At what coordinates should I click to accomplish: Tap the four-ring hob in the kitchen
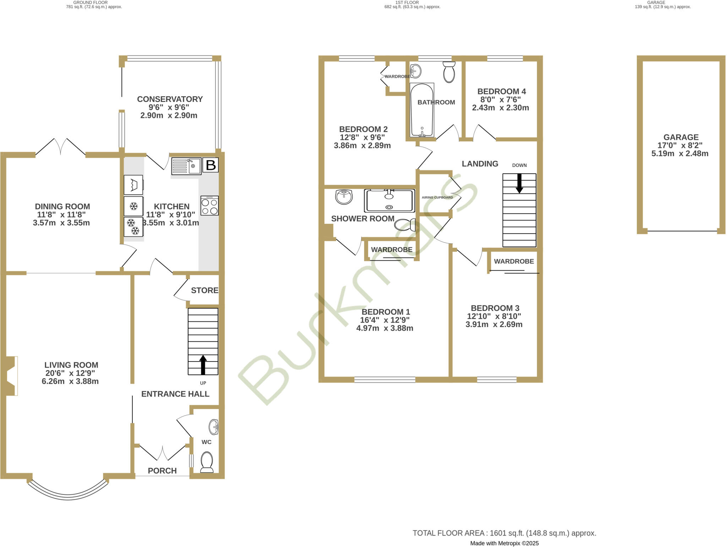(x=209, y=206)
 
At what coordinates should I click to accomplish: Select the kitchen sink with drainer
(x=186, y=166)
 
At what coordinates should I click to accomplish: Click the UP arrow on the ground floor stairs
(x=203, y=365)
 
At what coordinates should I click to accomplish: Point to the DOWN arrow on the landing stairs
(x=519, y=183)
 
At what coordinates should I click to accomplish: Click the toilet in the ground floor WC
(x=207, y=462)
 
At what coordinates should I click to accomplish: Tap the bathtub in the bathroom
(x=422, y=110)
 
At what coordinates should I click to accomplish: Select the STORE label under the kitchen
(x=204, y=291)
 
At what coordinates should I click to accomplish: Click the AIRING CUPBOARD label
(x=437, y=197)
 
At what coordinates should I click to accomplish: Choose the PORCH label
(x=162, y=471)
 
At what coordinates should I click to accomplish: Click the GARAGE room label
(x=681, y=137)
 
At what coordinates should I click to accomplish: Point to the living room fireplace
(x=11, y=376)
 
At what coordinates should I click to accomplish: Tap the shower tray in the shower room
(x=389, y=201)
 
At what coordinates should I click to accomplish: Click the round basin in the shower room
(x=344, y=197)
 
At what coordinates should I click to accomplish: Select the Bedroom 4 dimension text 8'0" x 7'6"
(x=501, y=100)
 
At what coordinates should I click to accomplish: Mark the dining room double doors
(x=61, y=147)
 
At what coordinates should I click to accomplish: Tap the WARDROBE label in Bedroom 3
(x=514, y=261)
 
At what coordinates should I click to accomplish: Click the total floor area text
(x=504, y=533)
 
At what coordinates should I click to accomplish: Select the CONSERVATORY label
(x=170, y=99)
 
